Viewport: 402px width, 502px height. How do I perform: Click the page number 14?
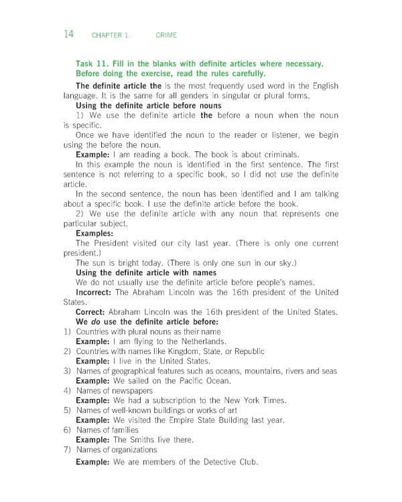coord(68,34)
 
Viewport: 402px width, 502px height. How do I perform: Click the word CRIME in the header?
coord(166,35)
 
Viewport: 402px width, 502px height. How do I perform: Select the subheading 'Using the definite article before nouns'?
coord(149,106)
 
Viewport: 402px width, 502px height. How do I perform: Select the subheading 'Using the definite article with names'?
coord(146,272)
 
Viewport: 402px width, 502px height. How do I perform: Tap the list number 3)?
coord(67,371)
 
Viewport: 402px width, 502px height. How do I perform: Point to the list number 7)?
coord(67,450)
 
